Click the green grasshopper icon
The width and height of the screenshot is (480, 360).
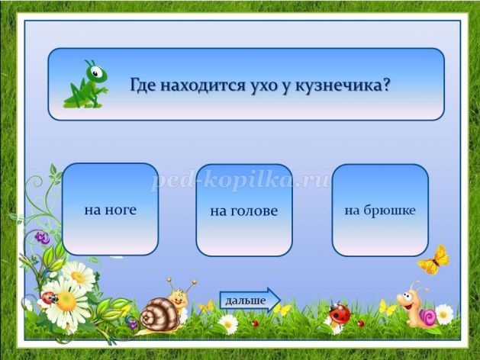click(86, 85)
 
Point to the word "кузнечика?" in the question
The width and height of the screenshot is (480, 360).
click(343, 85)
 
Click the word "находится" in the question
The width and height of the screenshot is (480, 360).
click(203, 85)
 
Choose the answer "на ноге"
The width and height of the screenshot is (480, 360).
click(110, 209)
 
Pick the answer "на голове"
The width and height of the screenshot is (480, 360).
click(244, 211)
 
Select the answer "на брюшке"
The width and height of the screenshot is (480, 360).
click(380, 211)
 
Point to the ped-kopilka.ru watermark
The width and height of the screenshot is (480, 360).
click(240, 181)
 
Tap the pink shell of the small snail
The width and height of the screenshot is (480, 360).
click(428, 317)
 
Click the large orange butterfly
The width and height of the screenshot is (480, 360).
click(434, 260)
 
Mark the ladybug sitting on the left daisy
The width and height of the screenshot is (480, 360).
click(50, 297)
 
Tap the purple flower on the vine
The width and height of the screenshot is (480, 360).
click(42, 238)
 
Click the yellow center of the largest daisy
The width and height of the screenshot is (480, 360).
click(66, 301)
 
